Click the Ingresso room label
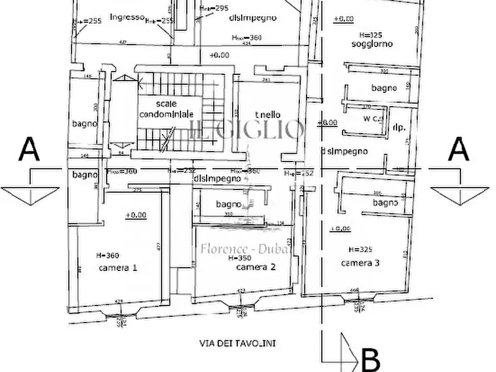(x=127, y=17)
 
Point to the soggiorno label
(x=372, y=44)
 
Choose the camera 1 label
(x=118, y=267)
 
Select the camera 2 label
(x=255, y=267)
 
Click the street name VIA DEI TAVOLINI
(x=237, y=344)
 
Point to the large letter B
(x=370, y=359)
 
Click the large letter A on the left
(x=29, y=150)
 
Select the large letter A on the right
(x=458, y=150)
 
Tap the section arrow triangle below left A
(x=30, y=195)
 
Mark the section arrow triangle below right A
(x=459, y=195)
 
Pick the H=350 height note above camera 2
(x=239, y=258)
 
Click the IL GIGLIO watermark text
(x=247, y=130)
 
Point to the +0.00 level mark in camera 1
(x=136, y=215)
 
